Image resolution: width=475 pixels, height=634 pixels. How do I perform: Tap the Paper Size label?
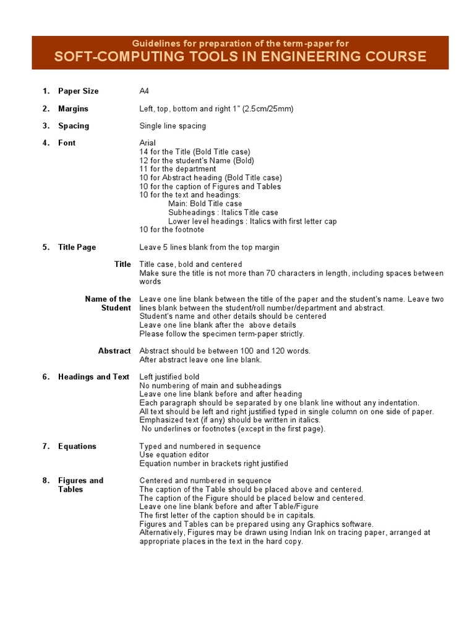click(x=78, y=91)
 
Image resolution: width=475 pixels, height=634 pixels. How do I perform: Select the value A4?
click(x=144, y=91)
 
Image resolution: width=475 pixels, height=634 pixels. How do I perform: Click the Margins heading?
click(x=73, y=108)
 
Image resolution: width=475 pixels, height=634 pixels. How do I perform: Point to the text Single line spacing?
click(x=173, y=126)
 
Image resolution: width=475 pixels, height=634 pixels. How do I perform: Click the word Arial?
click(x=147, y=143)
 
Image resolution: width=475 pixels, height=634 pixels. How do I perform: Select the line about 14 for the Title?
click(x=195, y=152)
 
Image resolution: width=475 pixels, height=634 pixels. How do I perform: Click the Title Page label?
click(x=77, y=247)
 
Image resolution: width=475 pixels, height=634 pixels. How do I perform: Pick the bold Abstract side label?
click(x=114, y=351)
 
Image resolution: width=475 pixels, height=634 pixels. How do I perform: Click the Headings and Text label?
click(x=93, y=377)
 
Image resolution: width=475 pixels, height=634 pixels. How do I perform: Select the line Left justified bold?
click(x=169, y=377)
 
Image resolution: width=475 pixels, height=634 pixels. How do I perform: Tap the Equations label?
click(x=77, y=446)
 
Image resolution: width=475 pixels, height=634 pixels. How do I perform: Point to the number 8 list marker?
click(x=46, y=480)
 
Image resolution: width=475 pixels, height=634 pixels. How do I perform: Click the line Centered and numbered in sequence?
click(x=205, y=480)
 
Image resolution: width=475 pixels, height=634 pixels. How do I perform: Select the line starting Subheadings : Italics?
click(x=223, y=212)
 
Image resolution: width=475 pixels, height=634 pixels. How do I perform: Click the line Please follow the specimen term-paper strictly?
click(x=221, y=334)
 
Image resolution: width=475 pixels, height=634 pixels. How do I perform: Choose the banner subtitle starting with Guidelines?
click(x=240, y=43)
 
